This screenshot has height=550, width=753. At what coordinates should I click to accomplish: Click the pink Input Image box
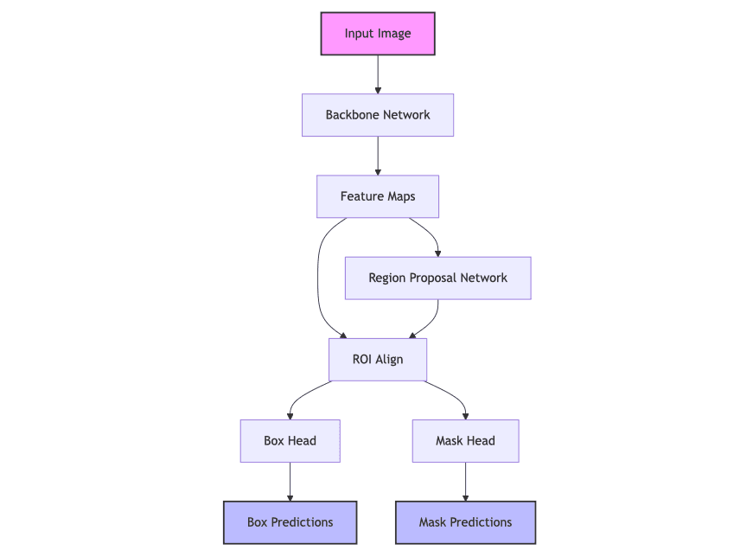(378, 34)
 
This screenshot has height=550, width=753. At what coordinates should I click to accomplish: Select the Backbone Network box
(378, 115)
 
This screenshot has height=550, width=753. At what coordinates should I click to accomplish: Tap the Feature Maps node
(378, 196)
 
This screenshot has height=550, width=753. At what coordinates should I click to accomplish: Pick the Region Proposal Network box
(437, 278)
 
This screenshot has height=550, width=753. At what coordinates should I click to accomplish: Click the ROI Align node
(378, 359)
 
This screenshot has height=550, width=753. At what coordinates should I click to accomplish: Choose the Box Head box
(290, 440)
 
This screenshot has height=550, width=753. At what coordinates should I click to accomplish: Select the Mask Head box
(465, 440)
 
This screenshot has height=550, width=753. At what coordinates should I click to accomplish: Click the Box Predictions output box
(290, 522)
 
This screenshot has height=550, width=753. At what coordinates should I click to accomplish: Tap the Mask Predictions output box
(465, 522)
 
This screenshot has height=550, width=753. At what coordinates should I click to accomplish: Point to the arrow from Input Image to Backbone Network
(378, 74)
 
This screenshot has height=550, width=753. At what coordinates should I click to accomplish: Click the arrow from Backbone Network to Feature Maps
(378, 156)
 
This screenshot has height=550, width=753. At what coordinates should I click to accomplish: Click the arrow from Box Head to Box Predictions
(290, 482)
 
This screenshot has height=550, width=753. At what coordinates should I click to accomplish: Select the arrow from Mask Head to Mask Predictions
(465, 482)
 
